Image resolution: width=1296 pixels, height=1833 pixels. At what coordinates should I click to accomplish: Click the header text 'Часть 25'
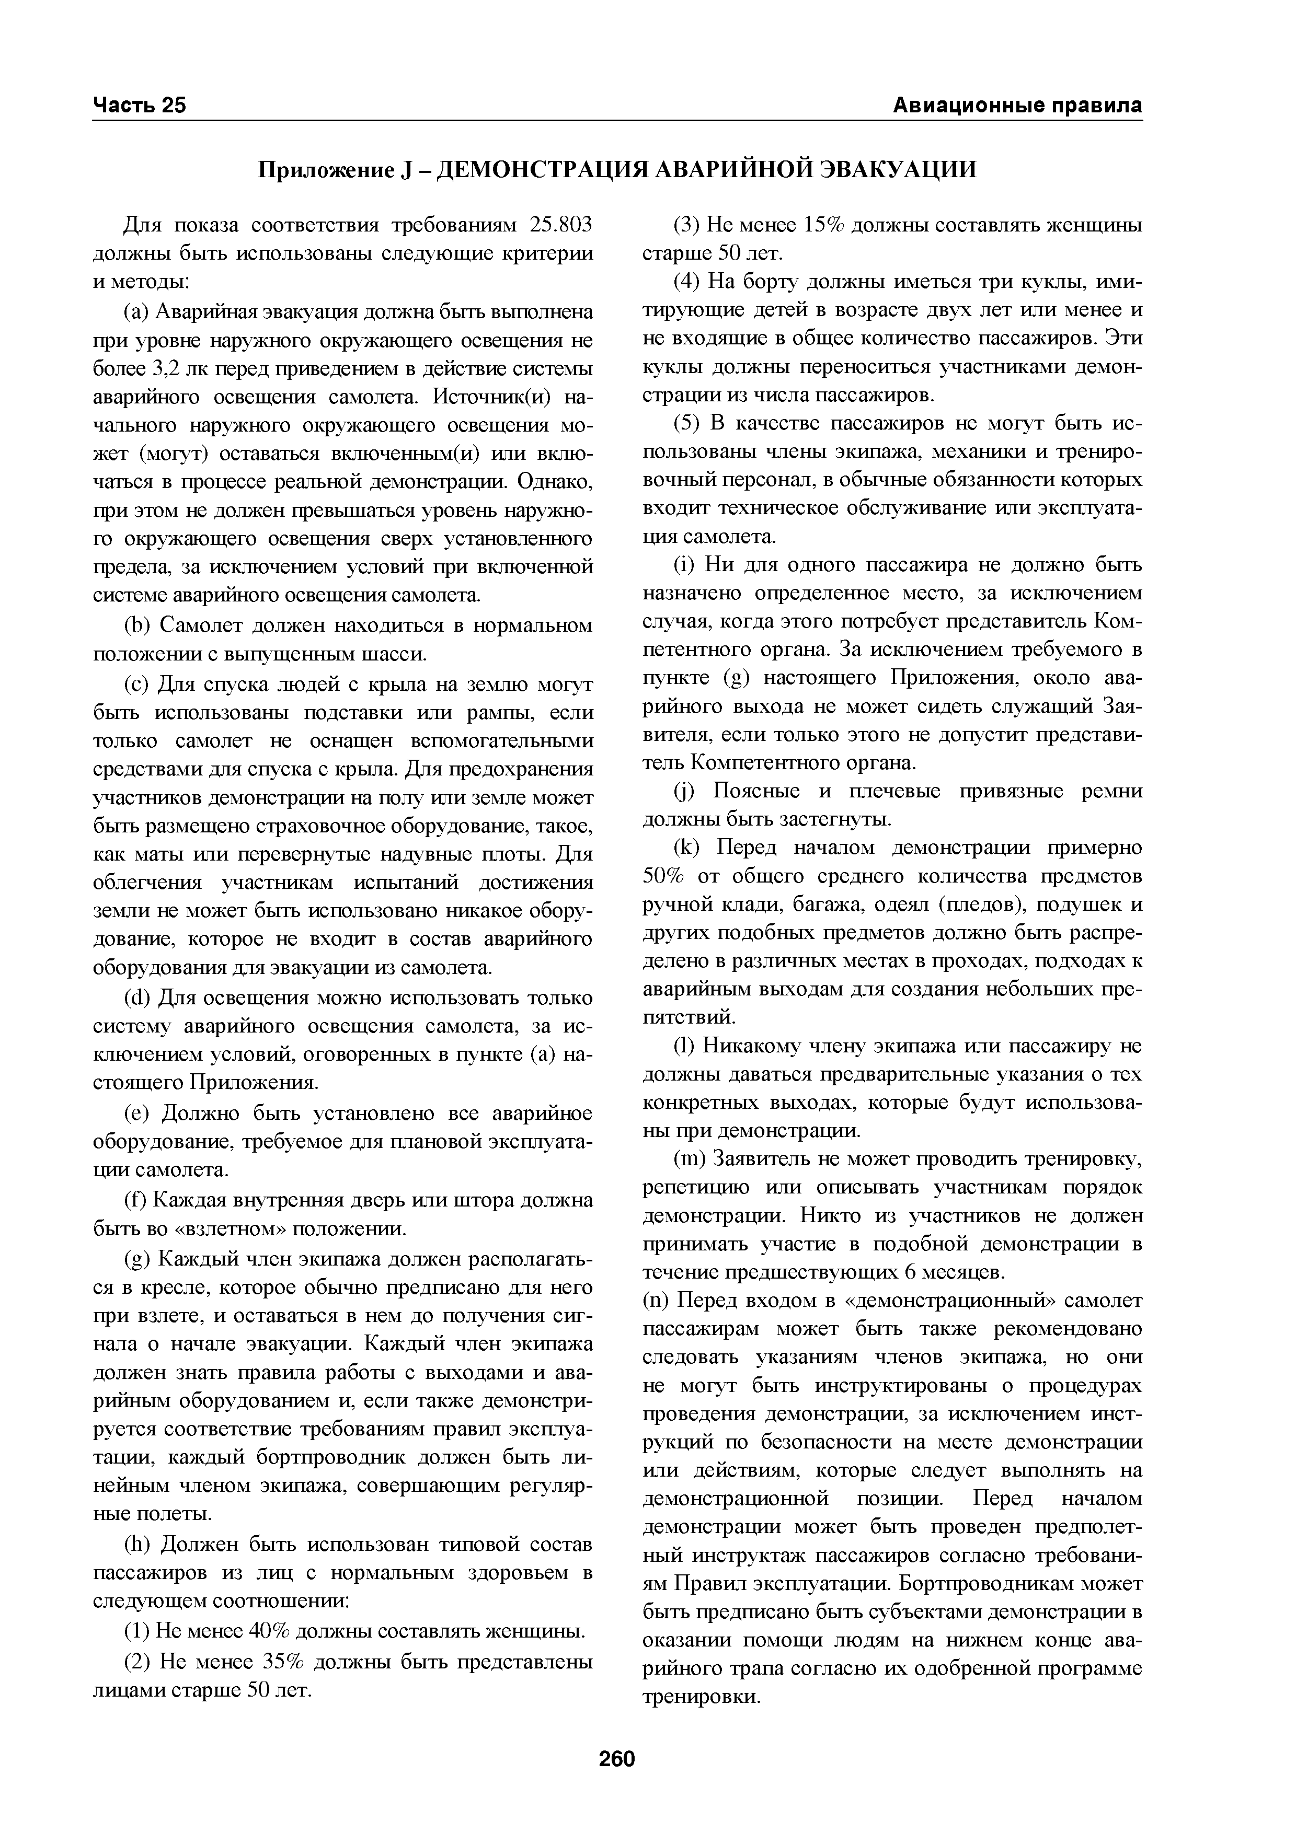point(140,106)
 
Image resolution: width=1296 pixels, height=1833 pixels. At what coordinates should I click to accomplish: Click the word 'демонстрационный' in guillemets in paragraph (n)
point(945,1301)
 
